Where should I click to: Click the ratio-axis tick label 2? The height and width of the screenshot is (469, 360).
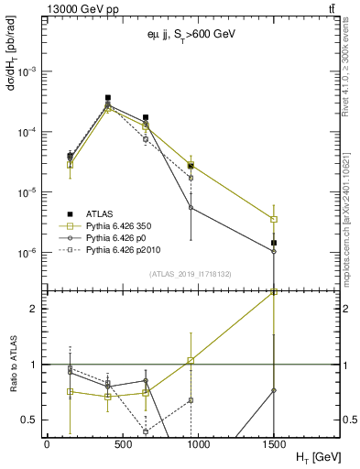[x=33, y=309]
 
